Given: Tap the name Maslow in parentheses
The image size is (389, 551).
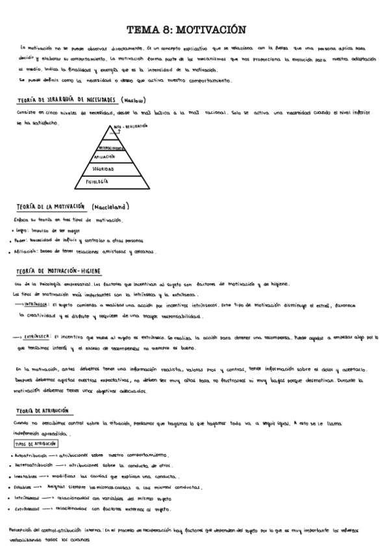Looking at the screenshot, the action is [133, 100].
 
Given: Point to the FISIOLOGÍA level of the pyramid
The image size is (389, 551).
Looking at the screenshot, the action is [97, 181].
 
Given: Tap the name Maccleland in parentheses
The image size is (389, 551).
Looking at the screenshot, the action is [111, 207].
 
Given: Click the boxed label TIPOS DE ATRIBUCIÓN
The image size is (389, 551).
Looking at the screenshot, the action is [36, 444].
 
